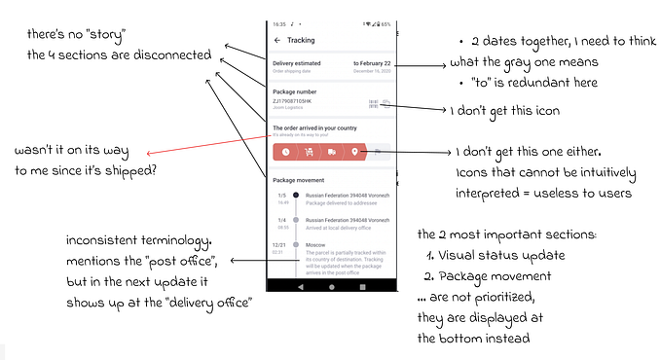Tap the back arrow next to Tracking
coord(277,40)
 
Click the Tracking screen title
coord(300,40)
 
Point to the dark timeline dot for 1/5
coord(296,196)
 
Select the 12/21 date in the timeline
coord(280,245)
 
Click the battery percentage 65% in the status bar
coord(386,23)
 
